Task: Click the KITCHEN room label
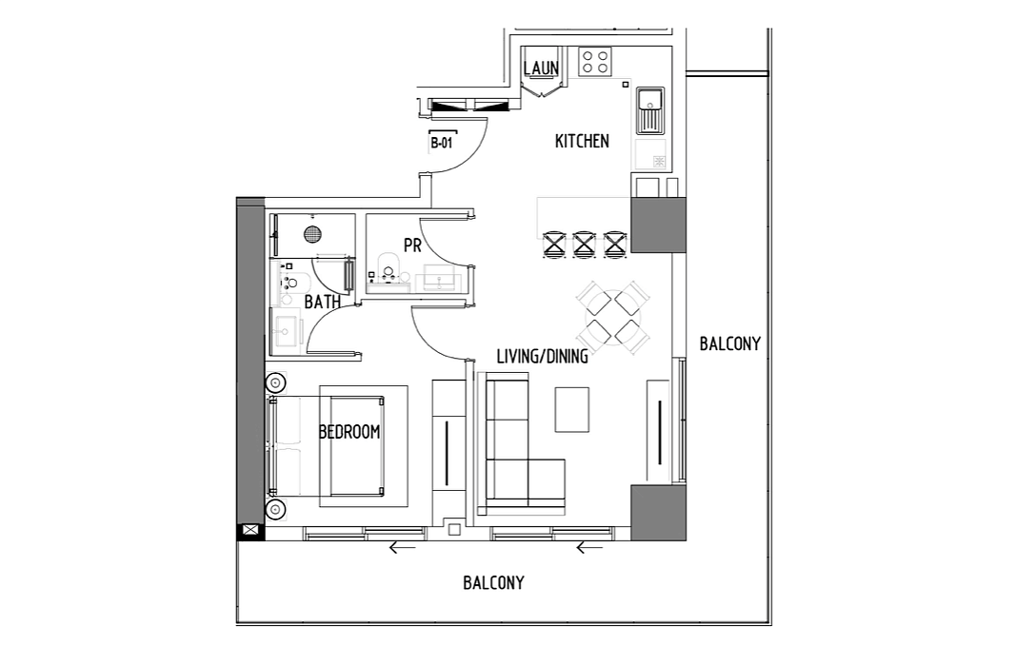pyautogui.click(x=582, y=141)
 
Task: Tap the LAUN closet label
pyautogui.click(x=541, y=68)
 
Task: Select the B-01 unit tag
pyautogui.click(x=442, y=143)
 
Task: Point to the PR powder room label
pyautogui.click(x=412, y=245)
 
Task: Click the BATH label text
pyautogui.click(x=323, y=302)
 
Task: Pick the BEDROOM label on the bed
pyautogui.click(x=349, y=432)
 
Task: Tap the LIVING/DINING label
pyautogui.click(x=543, y=357)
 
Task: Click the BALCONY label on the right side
pyautogui.click(x=730, y=343)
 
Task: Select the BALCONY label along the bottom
pyautogui.click(x=493, y=583)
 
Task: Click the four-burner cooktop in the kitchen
pyautogui.click(x=594, y=62)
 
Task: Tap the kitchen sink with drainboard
pyautogui.click(x=650, y=110)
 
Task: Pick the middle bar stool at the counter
pyautogui.click(x=585, y=244)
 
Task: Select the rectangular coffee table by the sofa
pyautogui.click(x=572, y=410)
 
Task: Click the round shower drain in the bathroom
pyautogui.click(x=312, y=234)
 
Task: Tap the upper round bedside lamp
pyautogui.click(x=275, y=382)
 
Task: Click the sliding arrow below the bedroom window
pyautogui.click(x=403, y=547)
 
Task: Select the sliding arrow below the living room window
pyautogui.click(x=590, y=547)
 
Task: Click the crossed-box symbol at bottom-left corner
pyautogui.click(x=251, y=530)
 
